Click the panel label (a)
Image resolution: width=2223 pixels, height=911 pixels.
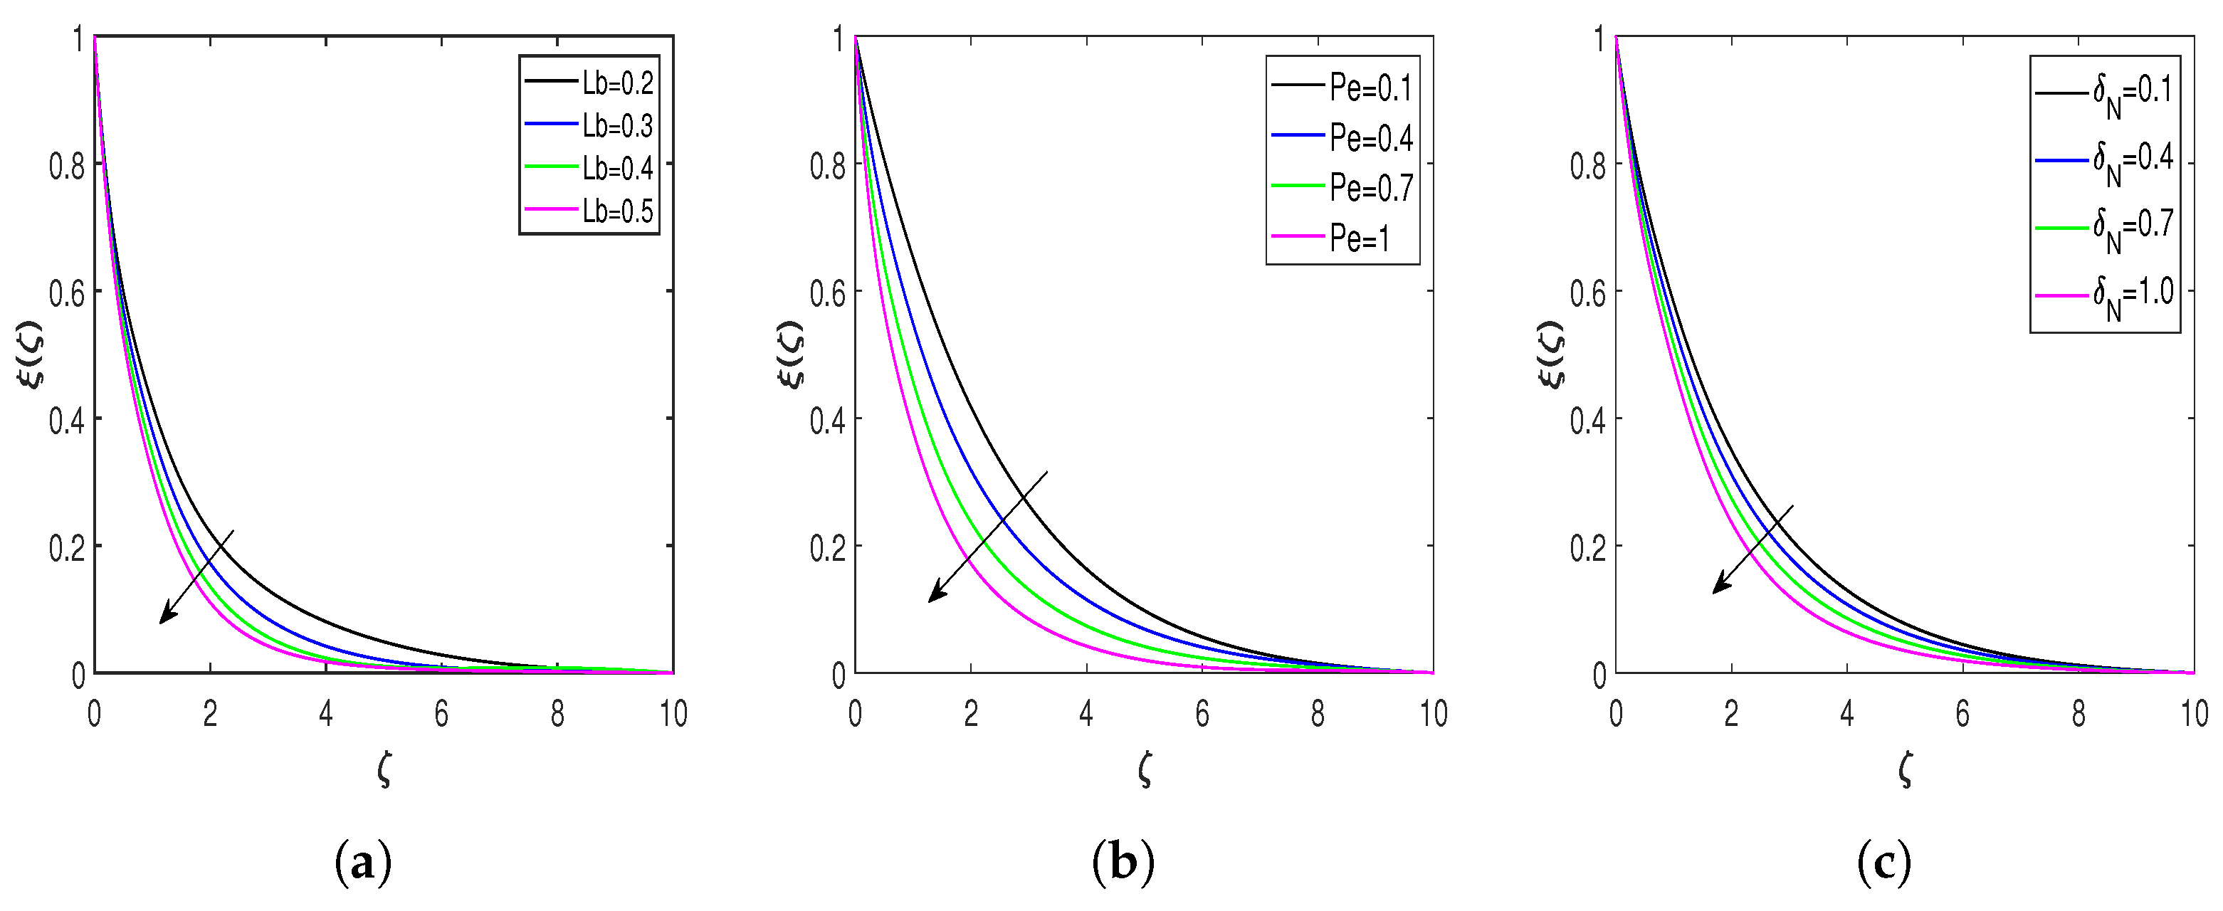click(362, 863)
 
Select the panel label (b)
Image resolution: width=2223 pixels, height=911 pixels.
click(1123, 863)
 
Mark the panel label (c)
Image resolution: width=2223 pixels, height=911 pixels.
click(1884, 863)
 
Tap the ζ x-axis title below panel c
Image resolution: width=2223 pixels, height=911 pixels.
click(1906, 768)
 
